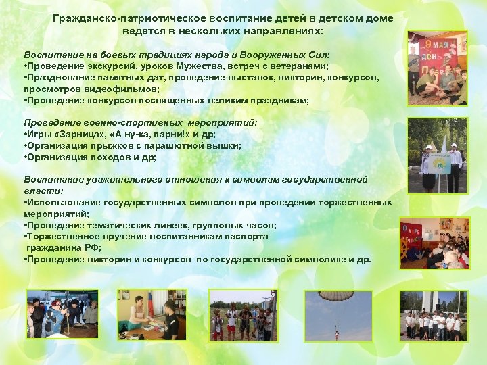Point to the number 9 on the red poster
(428, 47)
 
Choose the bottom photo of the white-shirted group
(434, 316)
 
